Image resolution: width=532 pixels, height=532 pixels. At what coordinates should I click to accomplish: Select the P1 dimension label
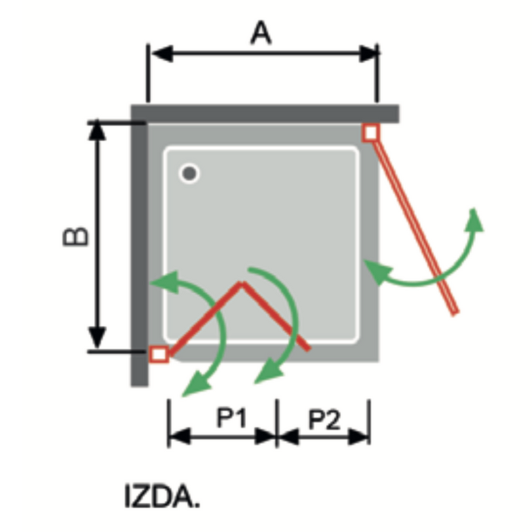(x=232, y=419)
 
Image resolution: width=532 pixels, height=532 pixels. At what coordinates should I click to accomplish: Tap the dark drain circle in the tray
(x=190, y=174)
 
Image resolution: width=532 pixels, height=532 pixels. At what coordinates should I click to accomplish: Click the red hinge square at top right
(x=371, y=132)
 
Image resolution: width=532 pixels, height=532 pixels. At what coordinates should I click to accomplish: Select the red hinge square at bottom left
(x=158, y=354)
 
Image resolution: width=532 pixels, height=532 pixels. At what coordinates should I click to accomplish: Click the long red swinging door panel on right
(x=412, y=219)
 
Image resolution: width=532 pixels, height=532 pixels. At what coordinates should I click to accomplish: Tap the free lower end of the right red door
(x=455, y=311)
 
